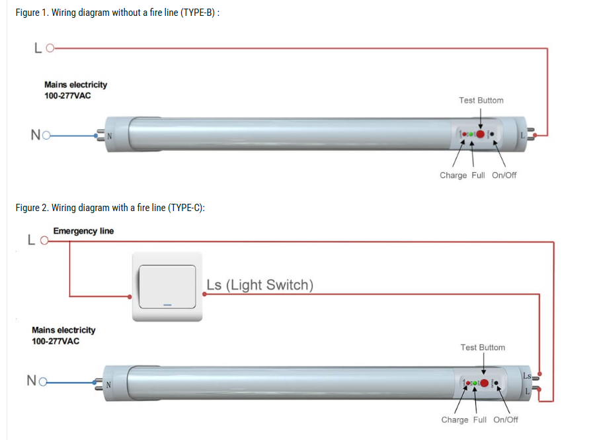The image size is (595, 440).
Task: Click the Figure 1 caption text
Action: click(x=117, y=14)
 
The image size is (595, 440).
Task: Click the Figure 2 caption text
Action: click(x=110, y=208)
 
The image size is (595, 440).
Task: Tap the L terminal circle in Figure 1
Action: click(x=49, y=48)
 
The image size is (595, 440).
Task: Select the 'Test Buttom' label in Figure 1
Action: click(x=481, y=101)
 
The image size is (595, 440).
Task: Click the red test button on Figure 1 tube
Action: click(x=481, y=134)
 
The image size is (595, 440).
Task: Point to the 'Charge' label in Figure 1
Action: click(x=453, y=175)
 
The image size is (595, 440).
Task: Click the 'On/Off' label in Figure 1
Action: click(x=504, y=175)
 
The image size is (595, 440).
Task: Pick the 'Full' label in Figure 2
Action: click(x=480, y=420)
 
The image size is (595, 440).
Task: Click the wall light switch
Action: click(x=167, y=286)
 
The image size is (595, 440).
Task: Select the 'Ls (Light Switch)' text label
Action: click(x=260, y=285)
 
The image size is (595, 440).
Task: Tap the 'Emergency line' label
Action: click(x=83, y=231)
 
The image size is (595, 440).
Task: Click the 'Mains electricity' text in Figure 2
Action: click(x=63, y=330)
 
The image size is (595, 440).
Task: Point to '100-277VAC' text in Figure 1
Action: click(x=67, y=95)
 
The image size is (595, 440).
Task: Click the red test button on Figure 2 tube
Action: click(x=484, y=383)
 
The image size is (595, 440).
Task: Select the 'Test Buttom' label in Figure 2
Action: click(x=483, y=347)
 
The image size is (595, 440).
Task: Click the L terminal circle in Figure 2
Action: click(x=44, y=241)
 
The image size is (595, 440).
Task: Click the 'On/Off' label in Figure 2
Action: click(x=506, y=420)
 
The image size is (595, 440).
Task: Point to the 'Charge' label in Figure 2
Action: click(x=455, y=420)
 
